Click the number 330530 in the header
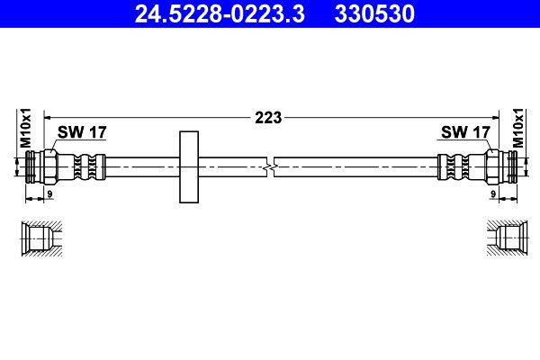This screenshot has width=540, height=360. pyautogui.click(x=369, y=13)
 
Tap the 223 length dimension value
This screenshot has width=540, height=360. pyautogui.click(x=269, y=116)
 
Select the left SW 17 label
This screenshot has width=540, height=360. pyautogui.click(x=82, y=132)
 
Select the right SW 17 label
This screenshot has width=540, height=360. pyautogui.click(x=465, y=132)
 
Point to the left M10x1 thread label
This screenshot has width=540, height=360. pyautogui.click(x=26, y=128)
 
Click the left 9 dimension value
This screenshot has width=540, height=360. pyautogui.click(x=49, y=193)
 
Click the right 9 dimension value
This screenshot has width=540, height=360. pyautogui.click(x=493, y=193)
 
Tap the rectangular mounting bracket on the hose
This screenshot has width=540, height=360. pyautogui.click(x=189, y=167)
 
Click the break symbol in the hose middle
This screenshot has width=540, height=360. pyautogui.click(x=271, y=166)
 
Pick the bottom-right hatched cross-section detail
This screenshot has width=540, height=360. pyautogui.click(x=504, y=238)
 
